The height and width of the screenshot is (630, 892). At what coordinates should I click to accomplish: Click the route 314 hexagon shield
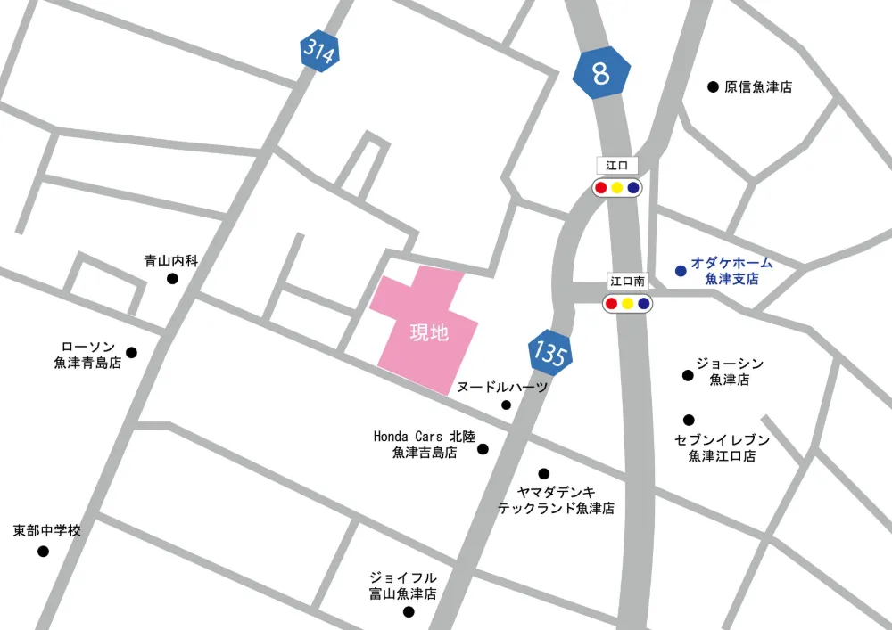[x=318, y=53]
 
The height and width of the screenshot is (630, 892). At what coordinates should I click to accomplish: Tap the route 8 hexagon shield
[x=601, y=73]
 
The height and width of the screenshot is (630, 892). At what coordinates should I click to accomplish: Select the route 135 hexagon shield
[x=549, y=352]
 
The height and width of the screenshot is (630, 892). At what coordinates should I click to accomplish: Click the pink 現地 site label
[x=429, y=333]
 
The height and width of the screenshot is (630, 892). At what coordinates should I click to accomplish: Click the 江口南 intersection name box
[x=627, y=281]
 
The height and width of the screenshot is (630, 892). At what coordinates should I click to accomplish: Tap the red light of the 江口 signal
[x=601, y=188]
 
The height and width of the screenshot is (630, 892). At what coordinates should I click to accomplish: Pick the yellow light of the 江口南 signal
[x=628, y=304]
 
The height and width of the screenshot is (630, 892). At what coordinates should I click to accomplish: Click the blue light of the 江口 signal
[x=633, y=188]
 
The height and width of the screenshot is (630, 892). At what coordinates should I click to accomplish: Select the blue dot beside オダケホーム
[x=681, y=270]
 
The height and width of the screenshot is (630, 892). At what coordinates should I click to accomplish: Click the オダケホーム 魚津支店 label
[x=731, y=271]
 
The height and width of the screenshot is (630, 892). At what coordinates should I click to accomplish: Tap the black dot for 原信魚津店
[x=713, y=86]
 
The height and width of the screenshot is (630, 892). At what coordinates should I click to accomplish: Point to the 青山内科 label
[x=171, y=261]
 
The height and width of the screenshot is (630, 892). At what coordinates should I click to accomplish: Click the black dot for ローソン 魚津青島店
[x=132, y=352]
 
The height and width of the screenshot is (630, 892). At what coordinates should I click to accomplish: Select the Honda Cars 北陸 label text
[x=424, y=437]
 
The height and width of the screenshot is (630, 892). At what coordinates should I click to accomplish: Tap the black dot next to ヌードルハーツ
[x=507, y=405]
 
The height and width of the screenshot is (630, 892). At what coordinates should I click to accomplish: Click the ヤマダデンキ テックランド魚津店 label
[x=556, y=500]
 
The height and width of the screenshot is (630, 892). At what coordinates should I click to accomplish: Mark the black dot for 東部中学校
[x=43, y=552]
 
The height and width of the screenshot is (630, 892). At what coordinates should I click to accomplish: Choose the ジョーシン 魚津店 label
[x=730, y=372]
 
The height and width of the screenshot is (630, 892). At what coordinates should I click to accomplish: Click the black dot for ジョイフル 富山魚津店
[x=409, y=611]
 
